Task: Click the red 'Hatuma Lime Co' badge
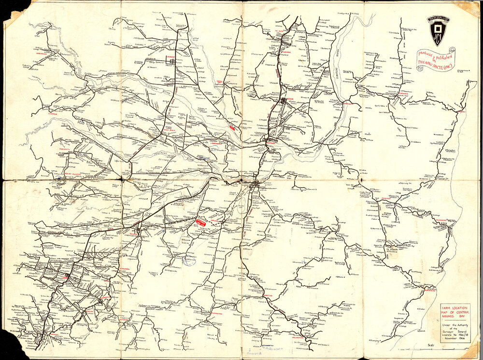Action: pos(201,222)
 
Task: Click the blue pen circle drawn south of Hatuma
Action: pos(189,261)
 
